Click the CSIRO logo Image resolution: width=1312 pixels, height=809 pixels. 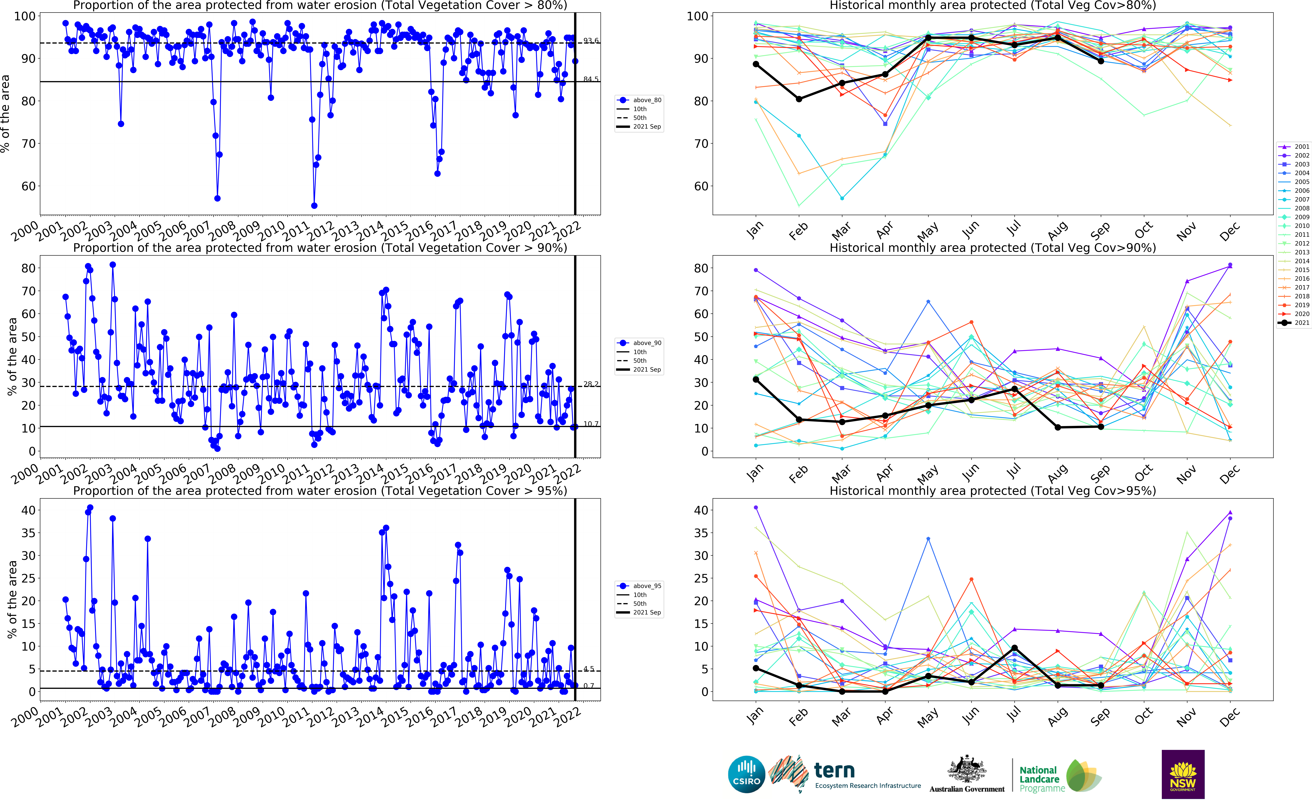(x=746, y=774)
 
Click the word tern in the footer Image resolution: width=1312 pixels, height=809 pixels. (x=834, y=771)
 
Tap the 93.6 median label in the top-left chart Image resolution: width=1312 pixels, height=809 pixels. (x=591, y=41)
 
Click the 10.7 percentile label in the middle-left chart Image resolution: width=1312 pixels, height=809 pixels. (x=591, y=424)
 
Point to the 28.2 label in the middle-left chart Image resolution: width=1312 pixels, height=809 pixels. (x=591, y=384)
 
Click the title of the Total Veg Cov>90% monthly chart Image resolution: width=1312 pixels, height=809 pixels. (x=992, y=248)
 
